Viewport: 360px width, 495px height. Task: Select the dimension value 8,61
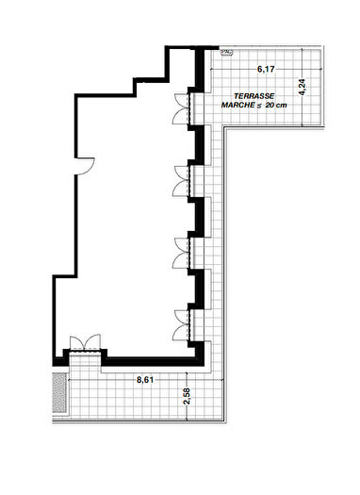tap(145, 380)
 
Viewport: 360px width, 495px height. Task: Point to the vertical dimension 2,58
tap(187, 397)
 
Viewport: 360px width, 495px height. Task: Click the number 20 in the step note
tap(270, 106)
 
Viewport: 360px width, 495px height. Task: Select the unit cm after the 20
tap(282, 106)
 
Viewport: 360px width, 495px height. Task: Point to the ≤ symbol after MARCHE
tap(256, 106)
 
